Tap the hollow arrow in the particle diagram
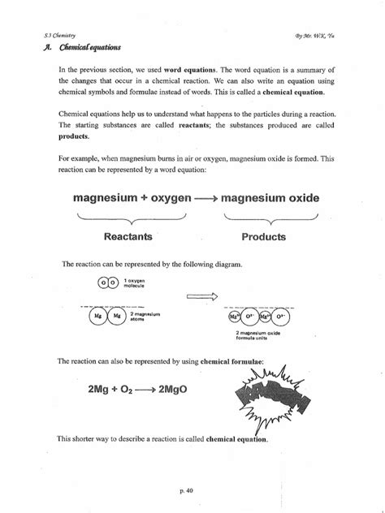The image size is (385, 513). (x=205, y=296)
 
